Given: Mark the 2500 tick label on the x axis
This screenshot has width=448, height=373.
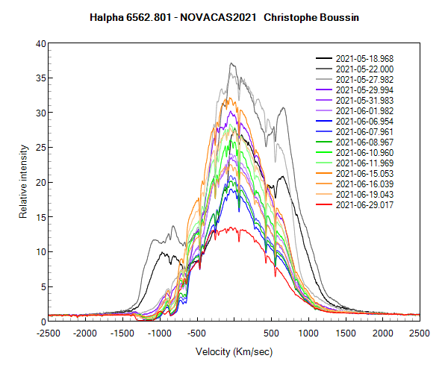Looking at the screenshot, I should [x=419, y=333].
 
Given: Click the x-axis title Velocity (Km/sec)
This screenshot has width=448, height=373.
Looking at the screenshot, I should [x=234, y=351].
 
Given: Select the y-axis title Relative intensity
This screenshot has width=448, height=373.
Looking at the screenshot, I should [x=23, y=182].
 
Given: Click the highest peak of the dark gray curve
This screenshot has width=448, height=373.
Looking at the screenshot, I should [x=231, y=63].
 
